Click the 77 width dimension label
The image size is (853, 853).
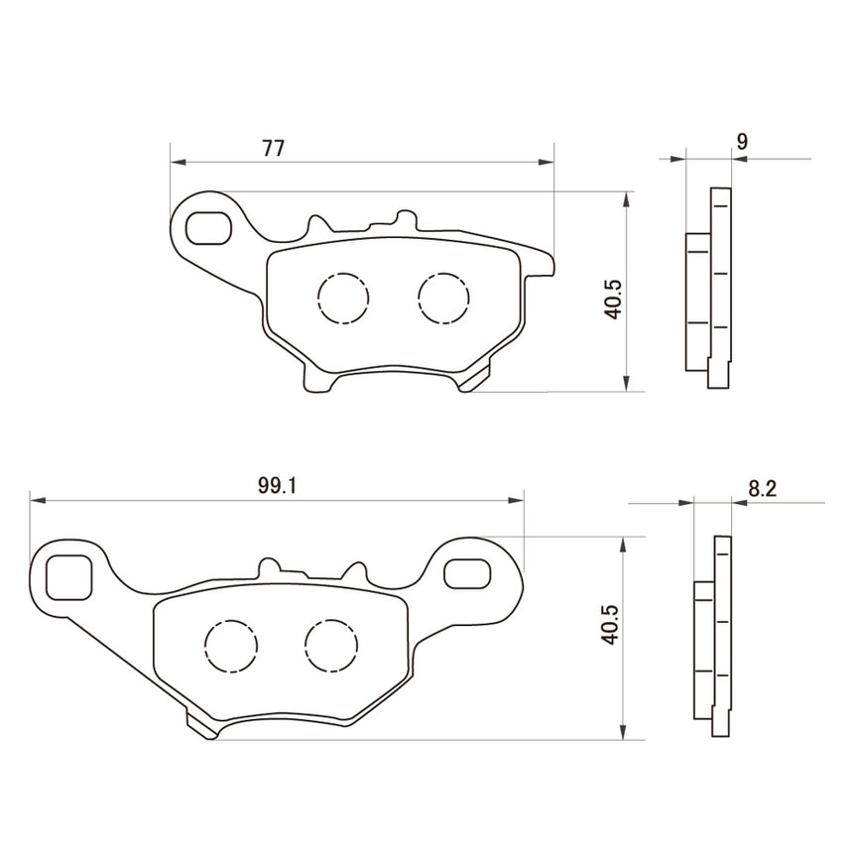pyautogui.click(x=273, y=148)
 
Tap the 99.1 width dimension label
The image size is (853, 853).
pyautogui.click(x=277, y=486)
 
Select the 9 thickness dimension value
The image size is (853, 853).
pyautogui.click(x=742, y=142)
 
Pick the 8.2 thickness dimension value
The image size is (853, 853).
pyautogui.click(x=762, y=489)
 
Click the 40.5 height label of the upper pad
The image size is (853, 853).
pyautogui.click(x=613, y=300)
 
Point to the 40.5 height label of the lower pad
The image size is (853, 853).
pyautogui.click(x=610, y=625)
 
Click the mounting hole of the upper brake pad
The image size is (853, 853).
pyautogui.click(x=208, y=228)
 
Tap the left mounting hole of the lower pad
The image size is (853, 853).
pyautogui.click(x=68, y=577)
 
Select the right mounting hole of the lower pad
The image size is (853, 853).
pyautogui.click(x=466, y=574)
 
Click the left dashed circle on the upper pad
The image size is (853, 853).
pyautogui.click(x=343, y=298)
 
